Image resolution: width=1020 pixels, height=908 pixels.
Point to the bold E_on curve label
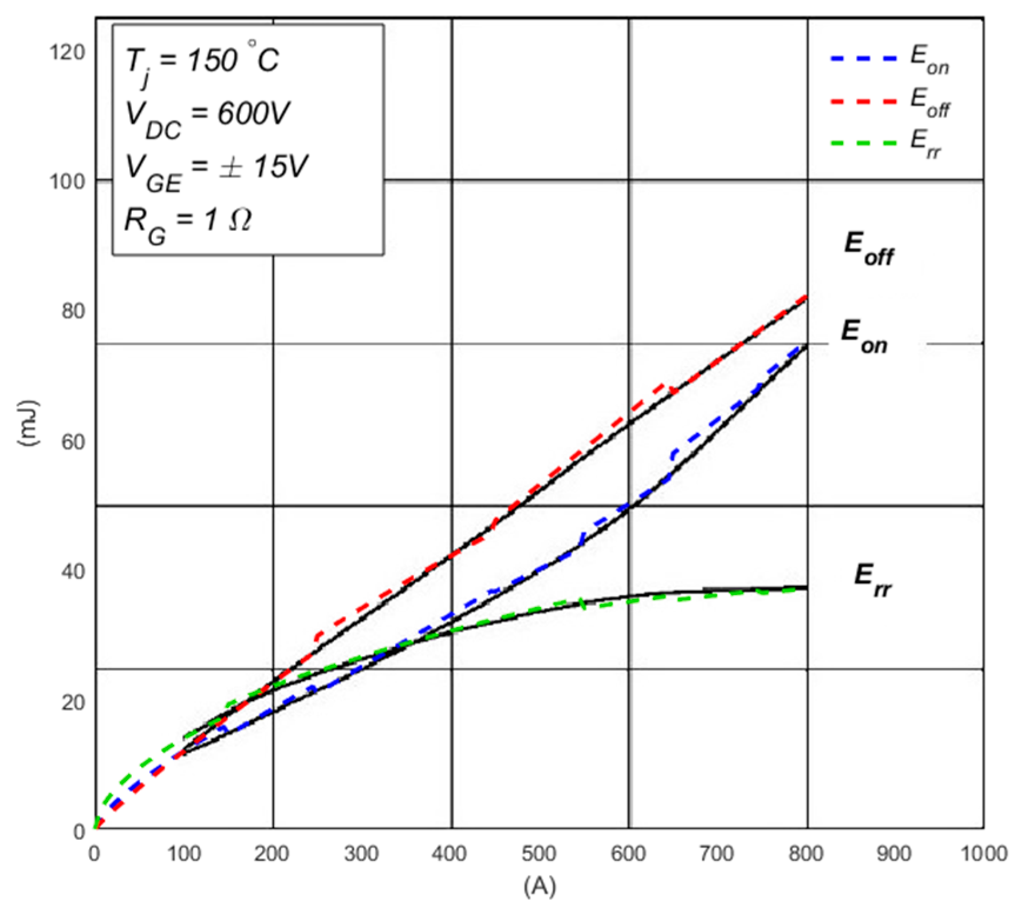click(864, 336)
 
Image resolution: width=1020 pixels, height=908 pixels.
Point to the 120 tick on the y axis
click(67, 52)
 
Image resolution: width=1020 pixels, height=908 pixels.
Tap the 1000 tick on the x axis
click(983, 853)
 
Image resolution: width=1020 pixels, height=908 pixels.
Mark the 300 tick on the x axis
click(361, 853)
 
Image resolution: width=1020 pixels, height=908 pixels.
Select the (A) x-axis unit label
click(539, 885)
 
